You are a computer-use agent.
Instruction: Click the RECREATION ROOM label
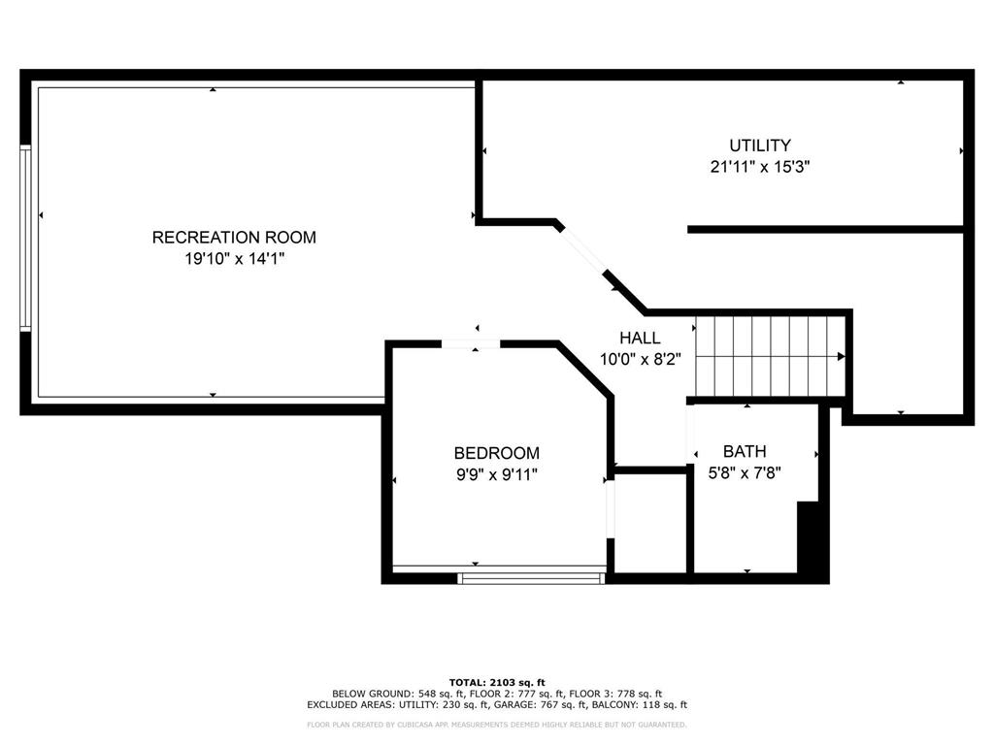[x=234, y=238]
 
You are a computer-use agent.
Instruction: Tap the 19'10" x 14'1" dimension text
[x=235, y=259]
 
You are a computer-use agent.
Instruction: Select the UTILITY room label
[x=760, y=146]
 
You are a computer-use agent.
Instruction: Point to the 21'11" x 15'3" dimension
[x=760, y=167]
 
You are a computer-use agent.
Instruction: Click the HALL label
[x=640, y=338]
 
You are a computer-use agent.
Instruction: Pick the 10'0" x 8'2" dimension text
[x=641, y=360]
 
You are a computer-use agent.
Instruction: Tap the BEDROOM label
[x=497, y=453]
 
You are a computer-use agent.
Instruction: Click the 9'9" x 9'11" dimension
[x=497, y=474]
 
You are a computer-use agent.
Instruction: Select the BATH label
[x=745, y=452]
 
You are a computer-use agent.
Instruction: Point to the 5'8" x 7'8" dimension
[x=745, y=473]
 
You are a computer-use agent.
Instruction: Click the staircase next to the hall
[x=770, y=356]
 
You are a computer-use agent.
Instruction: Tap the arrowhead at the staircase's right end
[x=842, y=357]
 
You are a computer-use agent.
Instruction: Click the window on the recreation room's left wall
[x=25, y=238]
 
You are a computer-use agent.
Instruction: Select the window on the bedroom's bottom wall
[x=531, y=578]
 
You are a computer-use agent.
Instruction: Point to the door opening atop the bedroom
[x=471, y=344]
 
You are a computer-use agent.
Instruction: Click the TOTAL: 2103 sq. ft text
[x=497, y=682]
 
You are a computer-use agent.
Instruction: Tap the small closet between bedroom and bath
[x=651, y=523]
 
